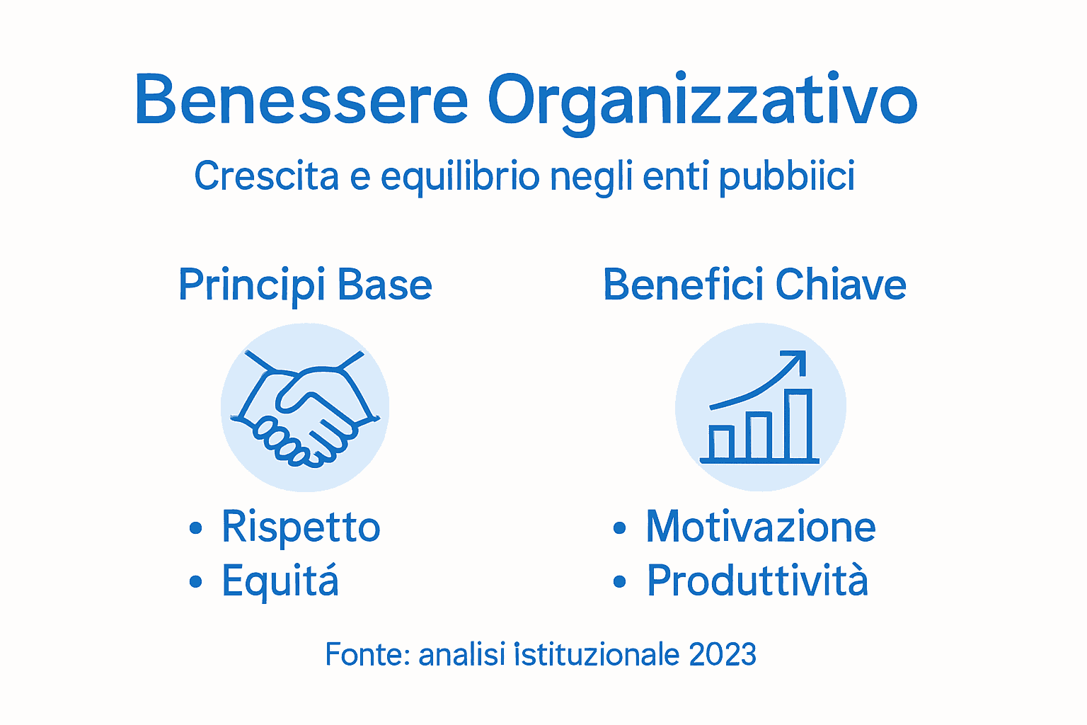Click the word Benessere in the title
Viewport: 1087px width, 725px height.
click(x=301, y=100)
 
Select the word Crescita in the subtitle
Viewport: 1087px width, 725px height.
click(x=267, y=176)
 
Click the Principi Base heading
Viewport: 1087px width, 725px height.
click(x=305, y=285)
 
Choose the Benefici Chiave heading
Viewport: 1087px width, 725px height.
click(x=754, y=285)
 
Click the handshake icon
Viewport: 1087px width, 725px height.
click(x=305, y=408)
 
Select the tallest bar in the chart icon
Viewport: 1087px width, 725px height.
click(x=798, y=425)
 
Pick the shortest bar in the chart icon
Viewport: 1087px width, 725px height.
click(x=721, y=443)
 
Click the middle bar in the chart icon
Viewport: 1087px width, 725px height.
click(x=759, y=436)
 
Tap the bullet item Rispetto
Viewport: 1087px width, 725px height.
click(x=301, y=527)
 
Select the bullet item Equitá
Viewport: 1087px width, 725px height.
click(x=280, y=581)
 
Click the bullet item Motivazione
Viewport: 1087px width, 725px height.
click(x=761, y=527)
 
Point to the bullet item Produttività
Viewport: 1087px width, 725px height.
click(x=757, y=581)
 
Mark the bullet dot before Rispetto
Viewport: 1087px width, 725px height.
click(x=196, y=528)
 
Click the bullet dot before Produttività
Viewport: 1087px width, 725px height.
click(x=620, y=582)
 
